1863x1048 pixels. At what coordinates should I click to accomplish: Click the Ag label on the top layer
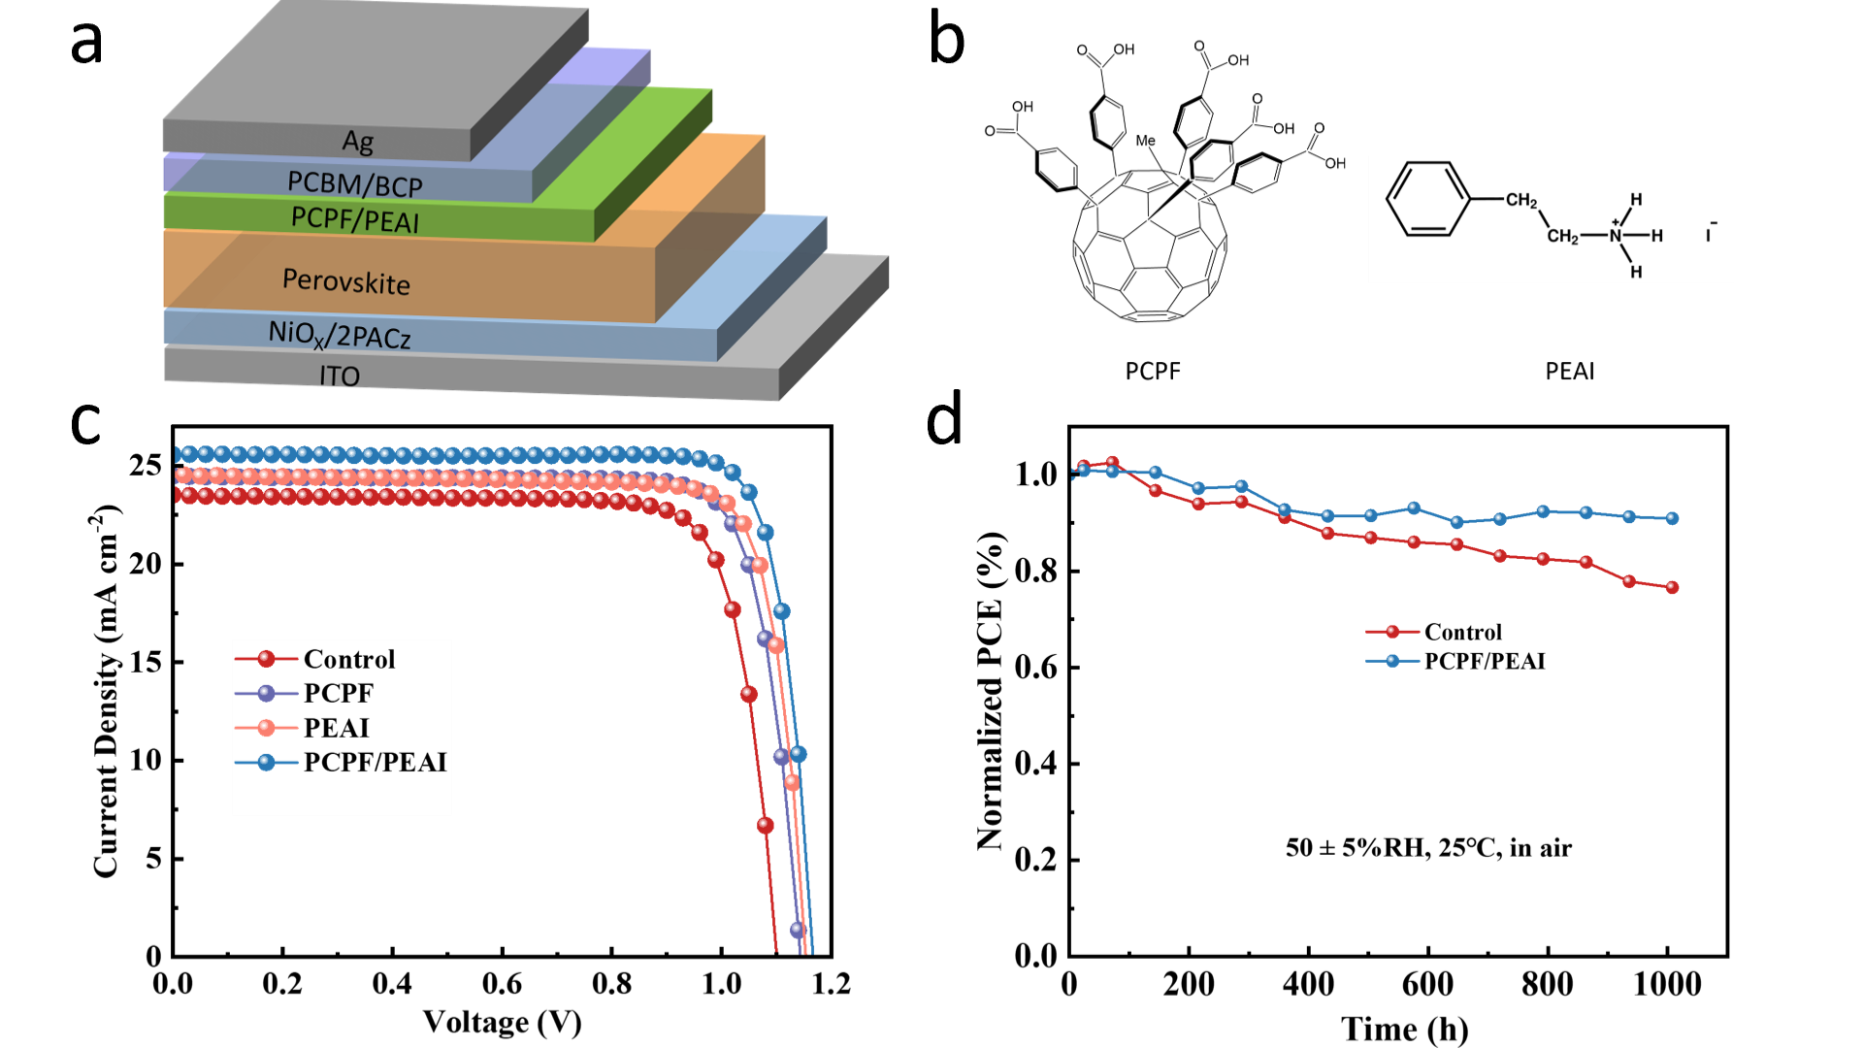pos(358,142)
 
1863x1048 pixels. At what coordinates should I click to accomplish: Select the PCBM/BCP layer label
pos(355,183)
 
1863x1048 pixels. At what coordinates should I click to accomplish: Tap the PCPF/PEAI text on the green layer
pos(355,219)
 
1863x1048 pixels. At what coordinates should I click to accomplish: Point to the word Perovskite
pos(346,281)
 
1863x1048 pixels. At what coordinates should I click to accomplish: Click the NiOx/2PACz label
pos(340,335)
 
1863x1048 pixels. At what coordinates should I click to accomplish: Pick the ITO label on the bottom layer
pos(340,376)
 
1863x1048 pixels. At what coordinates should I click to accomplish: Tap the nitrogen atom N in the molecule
pos(1615,236)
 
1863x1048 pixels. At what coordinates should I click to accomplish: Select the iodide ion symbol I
pos(1709,235)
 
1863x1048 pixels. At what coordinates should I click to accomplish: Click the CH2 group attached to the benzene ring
pos(1520,201)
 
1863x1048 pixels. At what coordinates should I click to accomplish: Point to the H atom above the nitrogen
pos(1636,200)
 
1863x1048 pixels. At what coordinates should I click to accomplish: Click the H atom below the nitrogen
pos(1636,272)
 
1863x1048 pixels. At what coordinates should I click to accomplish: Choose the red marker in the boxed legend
pos(266,659)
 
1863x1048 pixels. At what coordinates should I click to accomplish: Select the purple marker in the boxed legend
pos(266,693)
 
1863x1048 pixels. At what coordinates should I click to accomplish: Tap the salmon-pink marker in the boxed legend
pos(266,727)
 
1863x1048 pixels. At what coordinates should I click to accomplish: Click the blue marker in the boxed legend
pos(266,762)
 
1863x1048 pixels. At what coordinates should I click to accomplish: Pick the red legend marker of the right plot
pos(1392,632)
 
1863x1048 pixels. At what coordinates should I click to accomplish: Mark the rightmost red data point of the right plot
pos(1672,587)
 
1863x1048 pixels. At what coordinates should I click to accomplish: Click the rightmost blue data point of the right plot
pos(1672,518)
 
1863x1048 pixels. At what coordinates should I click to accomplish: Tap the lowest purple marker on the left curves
pos(797,930)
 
